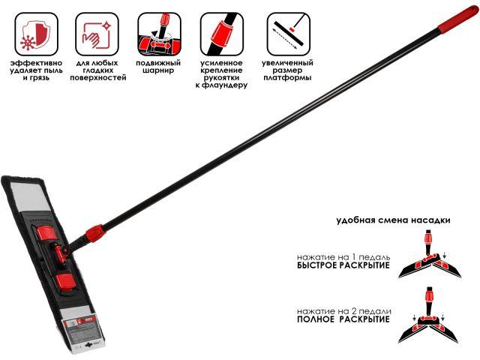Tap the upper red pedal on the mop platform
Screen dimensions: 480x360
click(46, 233)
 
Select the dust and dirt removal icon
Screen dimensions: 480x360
click(36, 34)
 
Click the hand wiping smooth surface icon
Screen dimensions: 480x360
click(97, 34)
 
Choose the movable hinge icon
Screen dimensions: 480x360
click(159, 34)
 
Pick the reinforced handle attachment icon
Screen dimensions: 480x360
click(222, 34)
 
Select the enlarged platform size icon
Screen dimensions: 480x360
click(288, 34)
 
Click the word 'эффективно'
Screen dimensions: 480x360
click(37, 63)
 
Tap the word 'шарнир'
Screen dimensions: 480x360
click(158, 70)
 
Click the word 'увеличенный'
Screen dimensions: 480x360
click(287, 63)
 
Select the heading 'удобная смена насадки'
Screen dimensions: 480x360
click(393, 220)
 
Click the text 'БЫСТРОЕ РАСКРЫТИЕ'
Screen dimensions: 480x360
click(343, 265)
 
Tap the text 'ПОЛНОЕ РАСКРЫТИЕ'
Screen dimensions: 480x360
click(343, 319)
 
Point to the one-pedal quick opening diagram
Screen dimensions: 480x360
click(430, 253)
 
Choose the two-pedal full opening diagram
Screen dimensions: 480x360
click(428, 315)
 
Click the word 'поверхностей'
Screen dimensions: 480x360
click(98, 78)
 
